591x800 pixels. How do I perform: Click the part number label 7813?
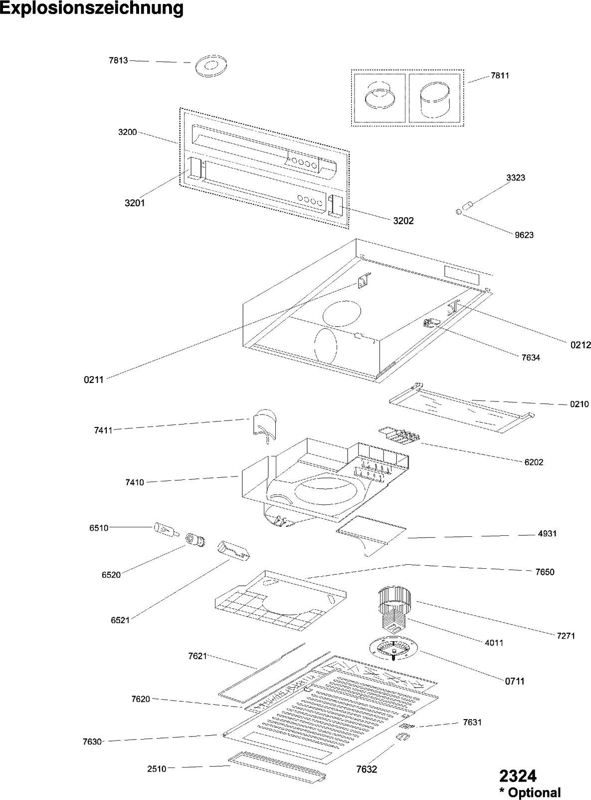click(118, 60)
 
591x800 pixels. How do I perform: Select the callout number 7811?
click(500, 75)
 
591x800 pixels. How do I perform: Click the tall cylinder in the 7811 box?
click(434, 100)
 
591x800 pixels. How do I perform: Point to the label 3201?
click(135, 203)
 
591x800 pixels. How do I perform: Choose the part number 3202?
click(403, 221)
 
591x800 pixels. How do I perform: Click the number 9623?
click(524, 235)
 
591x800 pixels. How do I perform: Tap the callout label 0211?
click(93, 380)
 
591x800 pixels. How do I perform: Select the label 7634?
click(531, 358)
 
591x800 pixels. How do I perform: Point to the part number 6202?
click(534, 462)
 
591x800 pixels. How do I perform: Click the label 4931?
click(547, 533)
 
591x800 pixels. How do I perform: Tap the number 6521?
click(120, 620)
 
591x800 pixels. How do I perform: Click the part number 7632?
click(367, 769)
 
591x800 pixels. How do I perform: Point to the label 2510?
click(157, 769)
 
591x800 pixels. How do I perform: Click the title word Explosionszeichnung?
click(92, 8)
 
